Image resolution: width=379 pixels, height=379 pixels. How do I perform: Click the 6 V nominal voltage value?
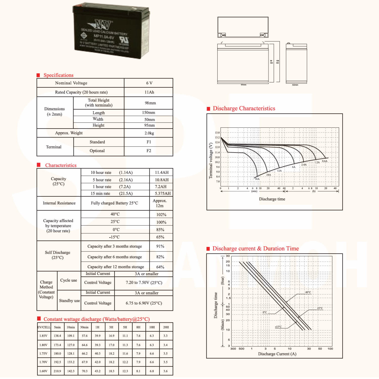[x=149, y=83]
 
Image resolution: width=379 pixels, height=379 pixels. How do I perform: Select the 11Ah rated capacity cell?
[x=149, y=92]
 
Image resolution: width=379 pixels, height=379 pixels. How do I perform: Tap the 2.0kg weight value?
[x=149, y=133]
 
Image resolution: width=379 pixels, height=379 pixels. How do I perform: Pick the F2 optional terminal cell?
[x=149, y=151]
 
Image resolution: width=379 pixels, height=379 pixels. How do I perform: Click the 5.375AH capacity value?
[x=163, y=194]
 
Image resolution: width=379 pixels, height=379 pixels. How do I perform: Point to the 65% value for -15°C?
[x=160, y=237]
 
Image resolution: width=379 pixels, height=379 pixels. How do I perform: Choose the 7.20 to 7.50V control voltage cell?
[x=144, y=283]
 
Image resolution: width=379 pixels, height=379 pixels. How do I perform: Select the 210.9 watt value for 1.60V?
[x=57, y=371]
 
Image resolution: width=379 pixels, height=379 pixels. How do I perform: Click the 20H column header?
[x=166, y=327]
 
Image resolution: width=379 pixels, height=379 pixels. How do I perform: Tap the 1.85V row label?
[x=43, y=336]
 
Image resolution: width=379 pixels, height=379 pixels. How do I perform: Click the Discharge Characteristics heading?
[x=244, y=109]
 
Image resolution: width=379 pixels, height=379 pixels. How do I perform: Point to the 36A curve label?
[x=257, y=179]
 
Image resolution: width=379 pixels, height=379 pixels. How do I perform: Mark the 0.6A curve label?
[x=325, y=161]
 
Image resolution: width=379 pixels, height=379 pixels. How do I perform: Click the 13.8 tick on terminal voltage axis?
[x=217, y=133]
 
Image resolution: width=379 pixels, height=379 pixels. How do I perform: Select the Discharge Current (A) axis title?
[x=277, y=354]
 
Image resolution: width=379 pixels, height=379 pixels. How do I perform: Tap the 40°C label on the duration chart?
[x=308, y=292]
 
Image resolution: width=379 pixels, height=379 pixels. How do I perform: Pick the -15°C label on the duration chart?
[x=278, y=327]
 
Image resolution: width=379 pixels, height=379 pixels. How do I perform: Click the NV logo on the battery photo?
[x=101, y=25]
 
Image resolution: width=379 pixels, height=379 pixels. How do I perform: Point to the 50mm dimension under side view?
[x=295, y=85]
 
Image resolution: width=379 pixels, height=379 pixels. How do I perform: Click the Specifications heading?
[x=58, y=75]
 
